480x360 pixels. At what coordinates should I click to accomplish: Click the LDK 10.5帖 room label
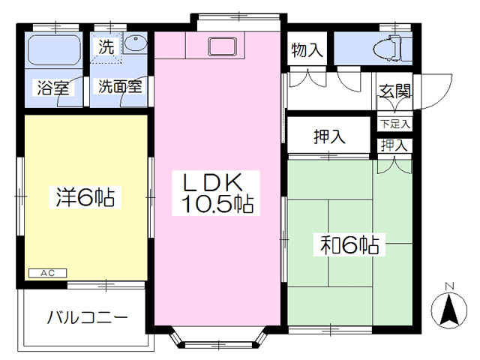tap(217, 193)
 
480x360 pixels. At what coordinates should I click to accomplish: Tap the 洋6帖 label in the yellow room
tap(85, 197)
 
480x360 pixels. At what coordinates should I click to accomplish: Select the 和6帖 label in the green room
tap(349, 244)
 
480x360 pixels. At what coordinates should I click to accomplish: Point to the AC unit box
tap(47, 273)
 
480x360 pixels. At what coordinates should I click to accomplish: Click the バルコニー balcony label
tap(87, 317)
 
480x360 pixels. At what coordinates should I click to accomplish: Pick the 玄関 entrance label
tap(395, 91)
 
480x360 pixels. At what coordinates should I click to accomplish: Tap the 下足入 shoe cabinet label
tap(395, 124)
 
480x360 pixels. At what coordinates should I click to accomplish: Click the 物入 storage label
tap(307, 50)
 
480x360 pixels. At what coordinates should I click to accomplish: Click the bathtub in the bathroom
tap(54, 50)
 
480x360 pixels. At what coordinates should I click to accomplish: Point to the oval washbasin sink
tap(136, 43)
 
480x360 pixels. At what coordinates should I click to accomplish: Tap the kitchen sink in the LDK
tap(222, 46)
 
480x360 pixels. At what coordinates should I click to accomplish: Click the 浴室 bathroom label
tap(53, 88)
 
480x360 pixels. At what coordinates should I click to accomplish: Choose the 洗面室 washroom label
tap(120, 86)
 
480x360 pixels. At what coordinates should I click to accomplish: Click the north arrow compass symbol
tap(449, 309)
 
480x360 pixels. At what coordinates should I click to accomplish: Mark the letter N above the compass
tap(449, 286)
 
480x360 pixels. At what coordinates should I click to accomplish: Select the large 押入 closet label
tap(329, 136)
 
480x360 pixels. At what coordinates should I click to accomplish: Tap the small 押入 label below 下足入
tap(394, 145)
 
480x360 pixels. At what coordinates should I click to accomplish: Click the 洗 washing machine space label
tap(106, 47)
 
